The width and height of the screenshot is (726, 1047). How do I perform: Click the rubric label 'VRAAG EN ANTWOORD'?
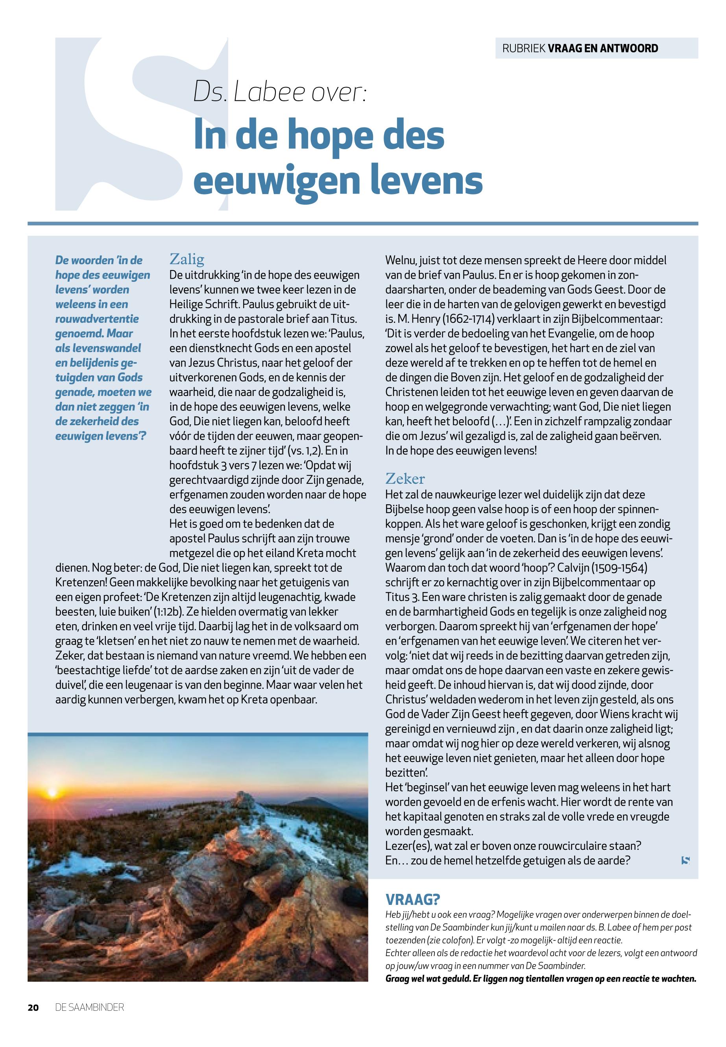pos(603,48)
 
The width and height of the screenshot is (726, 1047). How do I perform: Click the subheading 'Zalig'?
pos(187,259)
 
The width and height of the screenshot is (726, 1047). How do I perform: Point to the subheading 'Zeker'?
pos(405,478)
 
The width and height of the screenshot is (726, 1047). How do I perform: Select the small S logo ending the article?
pos(686,860)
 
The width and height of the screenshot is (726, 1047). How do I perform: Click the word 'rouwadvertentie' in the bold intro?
pos(97,318)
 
